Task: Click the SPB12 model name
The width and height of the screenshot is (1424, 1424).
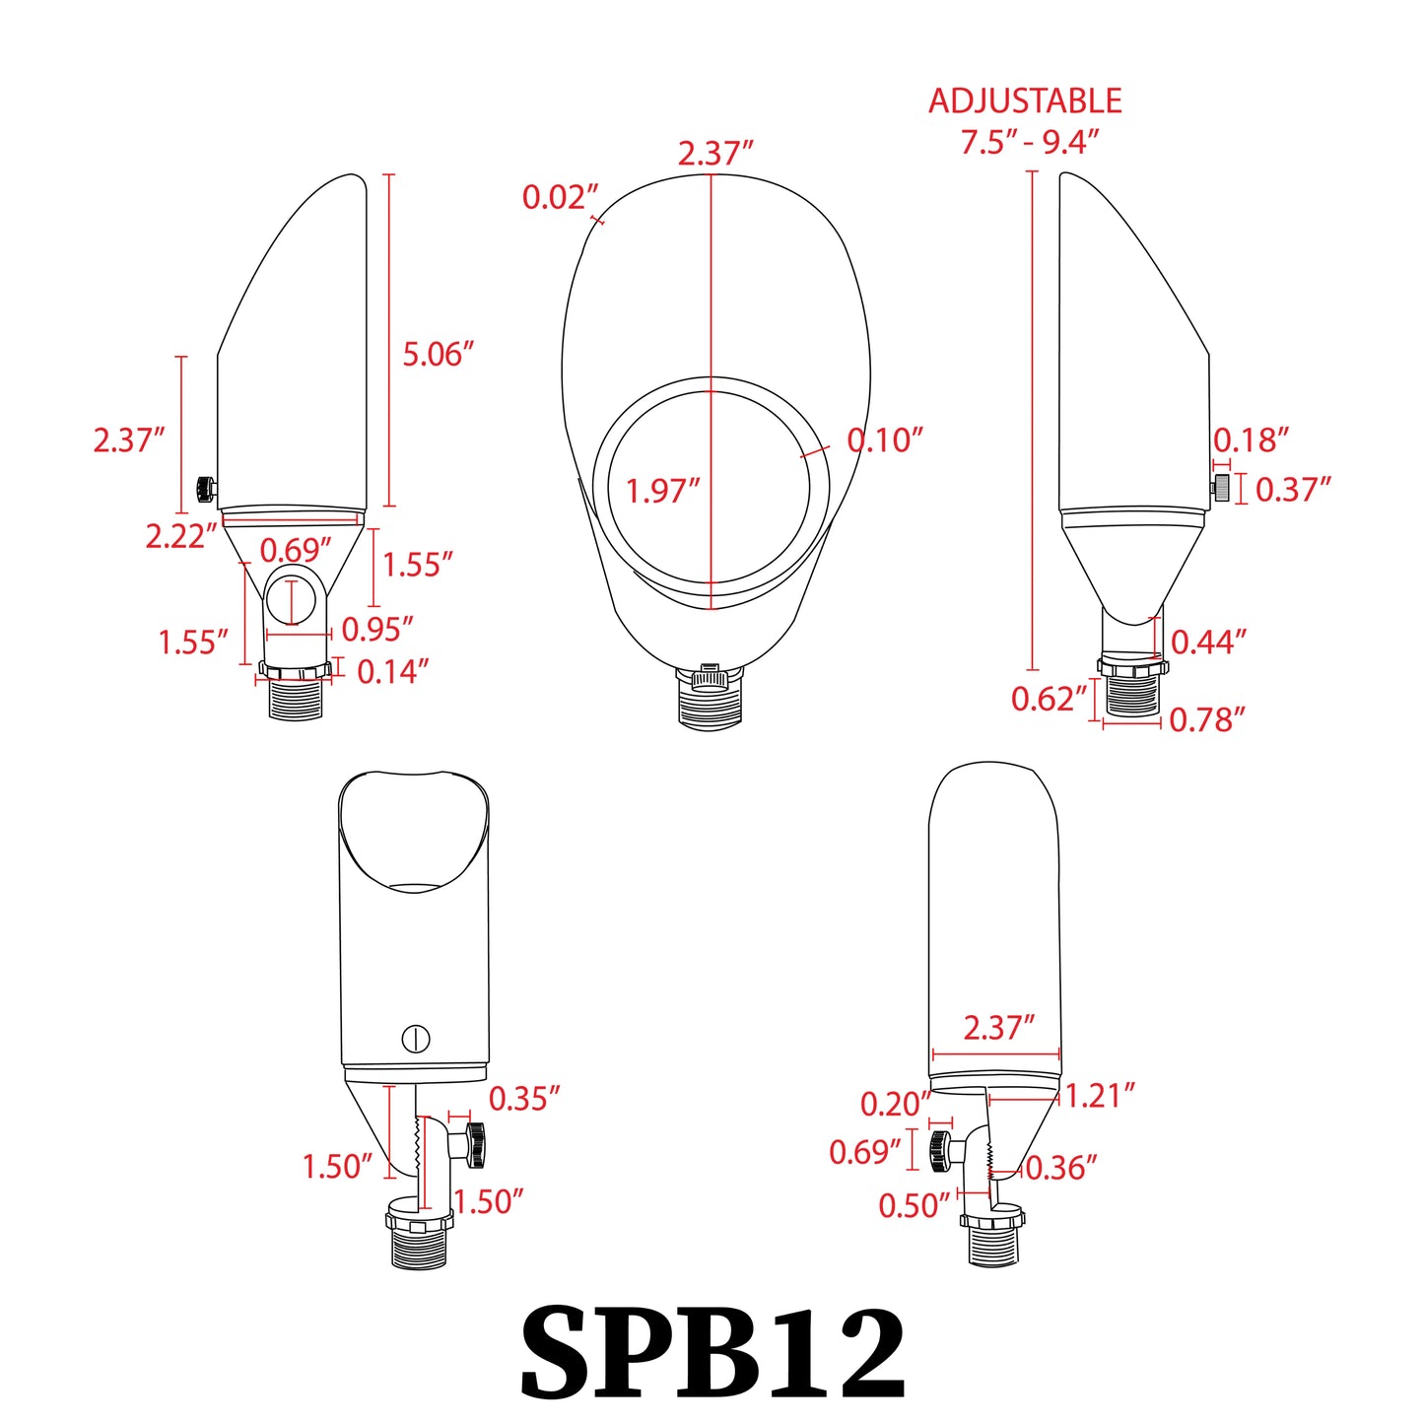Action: pos(712,1352)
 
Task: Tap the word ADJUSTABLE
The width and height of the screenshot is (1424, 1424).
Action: pos(1025,102)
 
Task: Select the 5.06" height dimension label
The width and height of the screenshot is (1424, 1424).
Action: pos(438,355)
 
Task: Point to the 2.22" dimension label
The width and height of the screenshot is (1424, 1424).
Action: pos(180,537)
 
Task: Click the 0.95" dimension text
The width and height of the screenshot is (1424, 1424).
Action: pos(376,629)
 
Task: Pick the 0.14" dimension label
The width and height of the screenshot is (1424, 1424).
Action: pos(392,672)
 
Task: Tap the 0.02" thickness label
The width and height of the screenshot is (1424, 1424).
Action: pos(560,198)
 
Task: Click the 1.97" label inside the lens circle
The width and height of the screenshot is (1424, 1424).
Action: pos(662,491)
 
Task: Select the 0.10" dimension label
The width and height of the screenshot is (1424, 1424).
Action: pos(885,441)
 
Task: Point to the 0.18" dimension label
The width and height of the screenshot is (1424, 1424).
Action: pos(1251,441)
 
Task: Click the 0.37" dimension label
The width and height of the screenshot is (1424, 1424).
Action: pos(1293,489)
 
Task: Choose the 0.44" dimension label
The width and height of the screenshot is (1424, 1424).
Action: pos(1208,643)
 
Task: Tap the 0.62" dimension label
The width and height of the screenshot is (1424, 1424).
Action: pos(1049,699)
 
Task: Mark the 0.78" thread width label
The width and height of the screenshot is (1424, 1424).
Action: pos(1207,720)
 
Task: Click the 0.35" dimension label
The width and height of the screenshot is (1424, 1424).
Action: pos(524,1099)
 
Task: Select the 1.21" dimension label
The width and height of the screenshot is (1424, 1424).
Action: pos(1100,1096)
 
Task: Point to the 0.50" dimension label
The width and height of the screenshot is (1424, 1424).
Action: pos(914,1205)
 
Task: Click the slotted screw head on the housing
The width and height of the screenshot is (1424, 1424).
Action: pos(416,1038)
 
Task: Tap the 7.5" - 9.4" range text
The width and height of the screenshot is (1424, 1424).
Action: pos(1030,143)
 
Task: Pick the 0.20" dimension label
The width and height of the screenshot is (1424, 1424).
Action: pos(895,1105)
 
